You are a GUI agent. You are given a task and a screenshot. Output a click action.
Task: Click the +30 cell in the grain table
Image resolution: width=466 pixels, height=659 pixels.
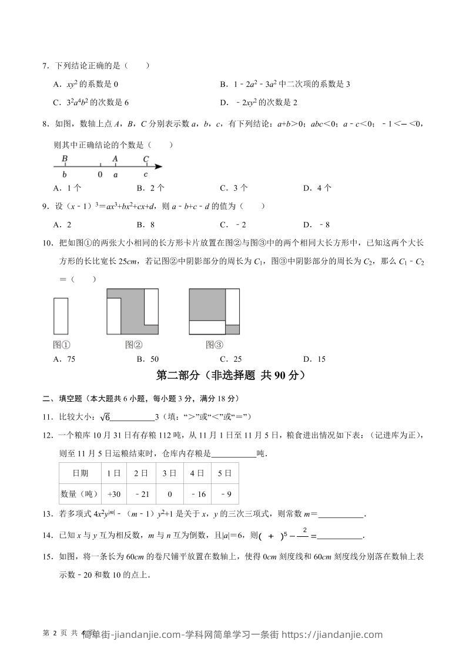[114, 494]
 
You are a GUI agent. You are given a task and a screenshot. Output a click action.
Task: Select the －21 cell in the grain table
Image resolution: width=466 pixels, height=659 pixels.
[140, 494]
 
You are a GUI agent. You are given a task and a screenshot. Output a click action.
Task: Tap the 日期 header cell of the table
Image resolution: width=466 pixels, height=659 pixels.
[80, 473]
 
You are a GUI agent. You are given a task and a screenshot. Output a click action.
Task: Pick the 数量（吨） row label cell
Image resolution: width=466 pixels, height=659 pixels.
[80, 494]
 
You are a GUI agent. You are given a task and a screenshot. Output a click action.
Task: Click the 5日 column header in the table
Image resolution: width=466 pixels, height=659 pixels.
[224, 473]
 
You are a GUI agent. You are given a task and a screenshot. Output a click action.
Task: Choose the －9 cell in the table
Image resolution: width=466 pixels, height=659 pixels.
[224, 494]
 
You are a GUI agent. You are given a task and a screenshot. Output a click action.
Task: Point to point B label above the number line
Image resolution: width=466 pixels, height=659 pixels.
[65, 159]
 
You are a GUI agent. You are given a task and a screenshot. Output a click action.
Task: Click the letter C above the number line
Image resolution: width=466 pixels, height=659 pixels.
[146, 159]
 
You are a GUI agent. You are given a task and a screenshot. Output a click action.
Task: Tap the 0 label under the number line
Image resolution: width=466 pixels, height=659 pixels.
[100, 174]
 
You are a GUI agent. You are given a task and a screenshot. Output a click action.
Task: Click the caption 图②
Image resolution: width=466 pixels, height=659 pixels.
[133, 345]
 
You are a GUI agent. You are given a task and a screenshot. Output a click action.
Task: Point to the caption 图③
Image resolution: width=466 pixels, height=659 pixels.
[214, 345]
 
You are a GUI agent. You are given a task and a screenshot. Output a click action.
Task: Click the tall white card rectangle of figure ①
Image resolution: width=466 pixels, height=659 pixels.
[61, 316]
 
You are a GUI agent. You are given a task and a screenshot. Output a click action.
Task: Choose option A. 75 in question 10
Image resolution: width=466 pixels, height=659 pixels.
[64, 359]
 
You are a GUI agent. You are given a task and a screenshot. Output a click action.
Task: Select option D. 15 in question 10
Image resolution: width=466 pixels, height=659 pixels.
[314, 359]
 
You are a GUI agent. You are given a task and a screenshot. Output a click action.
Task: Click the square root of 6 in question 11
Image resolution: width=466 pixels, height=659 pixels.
[105, 417]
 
